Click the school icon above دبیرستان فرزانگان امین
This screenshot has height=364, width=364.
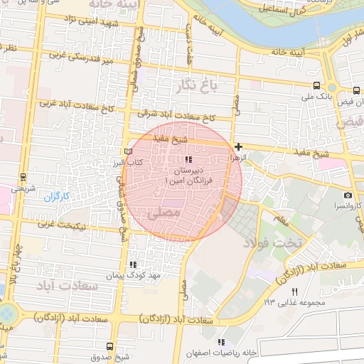tap(188, 159)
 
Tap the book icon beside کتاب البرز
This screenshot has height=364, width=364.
tap(128, 151)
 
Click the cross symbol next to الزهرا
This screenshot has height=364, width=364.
tap(238, 146)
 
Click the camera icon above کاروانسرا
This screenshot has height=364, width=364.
tap(348, 195)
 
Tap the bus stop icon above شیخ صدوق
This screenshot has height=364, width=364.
tap(108, 346)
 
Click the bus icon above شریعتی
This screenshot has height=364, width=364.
tap(23, 178)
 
